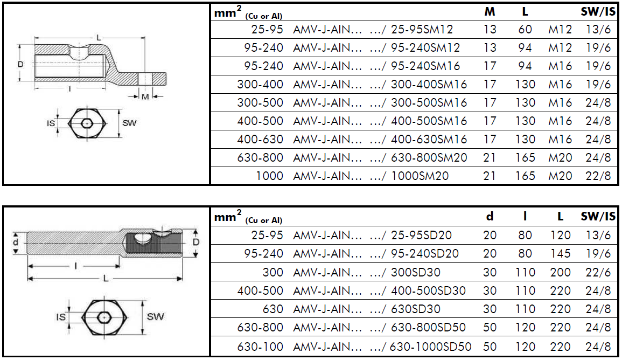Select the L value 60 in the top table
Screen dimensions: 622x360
pyautogui.click(x=525, y=30)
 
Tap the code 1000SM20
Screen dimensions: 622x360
pyautogui.click(x=420, y=176)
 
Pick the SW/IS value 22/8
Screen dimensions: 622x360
pyautogui.click(x=598, y=176)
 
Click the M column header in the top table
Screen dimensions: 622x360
pyautogui.click(x=490, y=12)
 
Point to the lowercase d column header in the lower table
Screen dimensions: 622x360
pyautogui.click(x=490, y=216)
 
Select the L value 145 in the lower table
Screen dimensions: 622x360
pyautogui.click(x=560, y=254)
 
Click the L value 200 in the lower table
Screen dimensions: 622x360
pyautogui.click(x=560, y=272)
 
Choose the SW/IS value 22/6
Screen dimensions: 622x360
pyautogui.click(x=598, y=272)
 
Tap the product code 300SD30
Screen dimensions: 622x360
pyautogui.click(x=416, y=272)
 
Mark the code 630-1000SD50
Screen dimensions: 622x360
pyautogui.click(x=430, y=347)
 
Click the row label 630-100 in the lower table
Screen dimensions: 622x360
pyautogui.click(x=260, y=347)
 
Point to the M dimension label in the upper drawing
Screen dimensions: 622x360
pyautogui.click(x=145, y=97)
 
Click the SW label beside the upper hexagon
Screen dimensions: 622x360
pyautogui.click(x=129, y=123)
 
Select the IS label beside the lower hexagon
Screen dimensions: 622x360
pyautogui.click(x=61, y=317)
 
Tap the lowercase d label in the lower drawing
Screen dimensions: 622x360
pyautogui.click(x=16, y=242)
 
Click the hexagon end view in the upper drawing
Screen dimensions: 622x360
pyautogui.click(x=87, y=123)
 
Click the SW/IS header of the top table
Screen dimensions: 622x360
pyautogui.click(x=598, y=12)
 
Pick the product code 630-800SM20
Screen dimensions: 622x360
pyautogui.click(x=429, y=157)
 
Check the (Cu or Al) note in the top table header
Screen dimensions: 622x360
pyautogui.click(x=264, y=16)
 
